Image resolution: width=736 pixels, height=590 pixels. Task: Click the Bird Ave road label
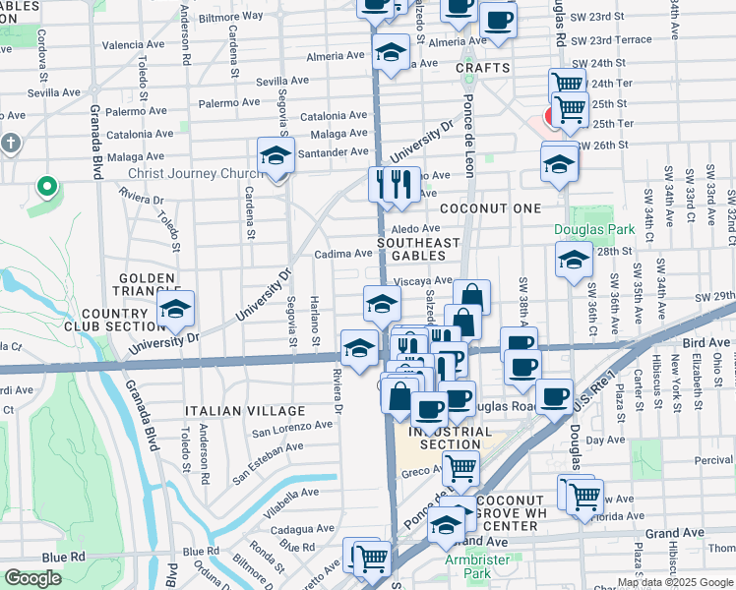point(705,341)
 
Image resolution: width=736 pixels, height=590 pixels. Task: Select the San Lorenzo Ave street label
point(291,428)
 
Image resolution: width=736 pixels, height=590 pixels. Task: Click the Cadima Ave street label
point(342,254)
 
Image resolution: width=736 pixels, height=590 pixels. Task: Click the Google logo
point(33,578)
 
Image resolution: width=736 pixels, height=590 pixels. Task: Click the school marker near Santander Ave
point(276,155)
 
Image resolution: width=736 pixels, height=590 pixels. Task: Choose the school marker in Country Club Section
point(175,310)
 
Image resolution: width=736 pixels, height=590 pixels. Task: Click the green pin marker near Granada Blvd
point(45,186)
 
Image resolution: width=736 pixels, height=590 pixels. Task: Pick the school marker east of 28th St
point(574,261)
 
